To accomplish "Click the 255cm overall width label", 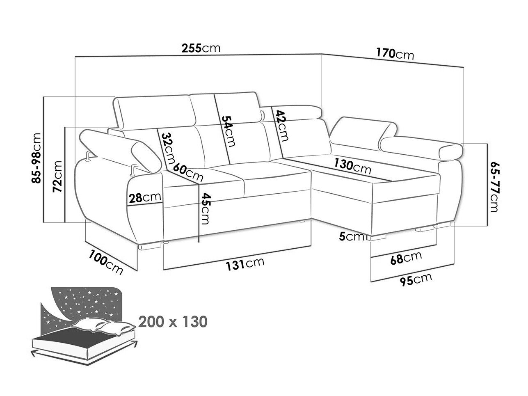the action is pos(201,48).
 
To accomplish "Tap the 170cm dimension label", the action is pos(395,54).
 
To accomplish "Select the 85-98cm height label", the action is pos(37,158).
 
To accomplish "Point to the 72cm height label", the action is pos(57,176).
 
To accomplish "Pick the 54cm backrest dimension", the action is pos(228,131).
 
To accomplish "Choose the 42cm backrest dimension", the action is pos(282,126).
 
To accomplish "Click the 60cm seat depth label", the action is pos(188,172).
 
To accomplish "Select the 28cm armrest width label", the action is pos(145,197).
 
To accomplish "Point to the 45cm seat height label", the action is pos(205,208).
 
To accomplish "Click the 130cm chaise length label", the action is pos(352,166).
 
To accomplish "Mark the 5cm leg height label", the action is pos(352,237).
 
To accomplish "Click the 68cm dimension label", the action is pos(406,258).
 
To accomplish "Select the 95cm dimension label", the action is pos(416,279).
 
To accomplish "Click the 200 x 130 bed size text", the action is pos(173,322).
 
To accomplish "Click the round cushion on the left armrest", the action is pos(146,157).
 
